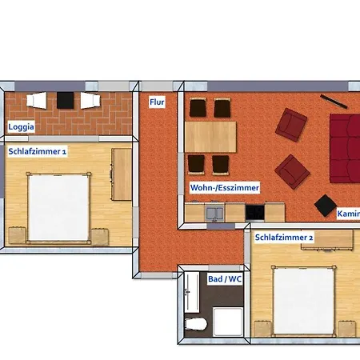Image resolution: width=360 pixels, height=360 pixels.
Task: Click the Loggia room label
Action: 21,126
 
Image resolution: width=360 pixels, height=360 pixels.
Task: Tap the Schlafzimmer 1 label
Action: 38,151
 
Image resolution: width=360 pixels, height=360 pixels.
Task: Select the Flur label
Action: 157,102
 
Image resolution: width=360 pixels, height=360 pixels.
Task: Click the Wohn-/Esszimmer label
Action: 225,188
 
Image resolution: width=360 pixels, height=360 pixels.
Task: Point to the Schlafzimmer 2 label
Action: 284,238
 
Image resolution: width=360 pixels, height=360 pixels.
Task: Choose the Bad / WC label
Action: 225,279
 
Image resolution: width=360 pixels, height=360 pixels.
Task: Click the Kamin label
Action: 348,214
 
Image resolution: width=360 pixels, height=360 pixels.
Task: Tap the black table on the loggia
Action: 65,100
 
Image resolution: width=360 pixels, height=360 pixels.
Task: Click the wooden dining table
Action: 210,137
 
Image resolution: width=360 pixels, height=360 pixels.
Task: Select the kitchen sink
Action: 214,214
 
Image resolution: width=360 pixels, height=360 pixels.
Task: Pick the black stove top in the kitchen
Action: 255,213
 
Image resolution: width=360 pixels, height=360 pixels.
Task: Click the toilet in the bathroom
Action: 196,324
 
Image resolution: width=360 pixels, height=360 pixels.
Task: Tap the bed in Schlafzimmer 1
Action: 58,208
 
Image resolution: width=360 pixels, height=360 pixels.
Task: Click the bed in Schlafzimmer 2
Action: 304,301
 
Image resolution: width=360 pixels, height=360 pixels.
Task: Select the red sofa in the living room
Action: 345,148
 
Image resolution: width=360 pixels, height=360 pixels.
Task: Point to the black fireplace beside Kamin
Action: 326,206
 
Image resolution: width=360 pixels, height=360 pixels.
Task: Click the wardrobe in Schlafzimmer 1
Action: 122,174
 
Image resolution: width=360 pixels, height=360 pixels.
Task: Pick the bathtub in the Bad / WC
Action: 192,292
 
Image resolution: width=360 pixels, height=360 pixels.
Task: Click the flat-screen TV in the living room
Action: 334,102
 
